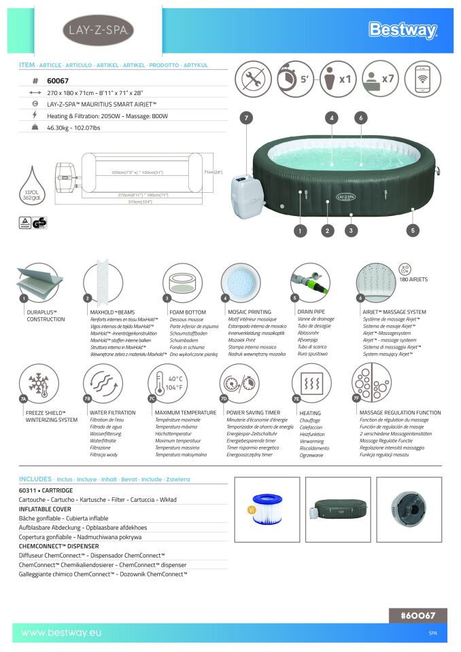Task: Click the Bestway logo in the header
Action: click(403, 30)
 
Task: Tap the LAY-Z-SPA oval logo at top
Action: click(99, 30)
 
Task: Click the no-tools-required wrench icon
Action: click(253, 79)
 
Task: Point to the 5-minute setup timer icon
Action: click(294, 79)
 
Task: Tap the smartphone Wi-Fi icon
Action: click(422, 79)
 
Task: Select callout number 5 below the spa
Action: click(412, 230)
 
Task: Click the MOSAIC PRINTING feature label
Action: click(250, 312)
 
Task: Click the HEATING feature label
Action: click(310, 413)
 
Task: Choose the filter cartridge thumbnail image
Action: click(268, 510)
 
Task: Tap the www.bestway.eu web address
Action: click(61, 633)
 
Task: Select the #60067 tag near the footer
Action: click(418, 615)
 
